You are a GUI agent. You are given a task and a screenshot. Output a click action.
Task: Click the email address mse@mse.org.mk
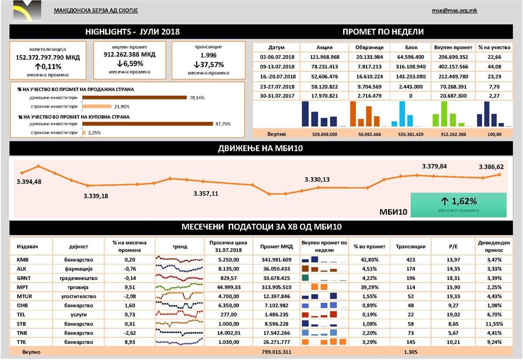[453, 10]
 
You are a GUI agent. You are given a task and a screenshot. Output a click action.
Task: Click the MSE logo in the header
[24, 10]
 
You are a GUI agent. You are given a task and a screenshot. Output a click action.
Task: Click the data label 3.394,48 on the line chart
[29, 182]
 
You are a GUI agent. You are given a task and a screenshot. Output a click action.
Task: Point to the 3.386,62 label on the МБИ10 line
[492, 167]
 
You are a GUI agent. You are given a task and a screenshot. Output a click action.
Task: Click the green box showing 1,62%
[459, 204]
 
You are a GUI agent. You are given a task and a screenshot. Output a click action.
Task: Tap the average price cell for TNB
[224, 333]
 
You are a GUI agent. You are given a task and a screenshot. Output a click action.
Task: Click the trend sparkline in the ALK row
[179, 268]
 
